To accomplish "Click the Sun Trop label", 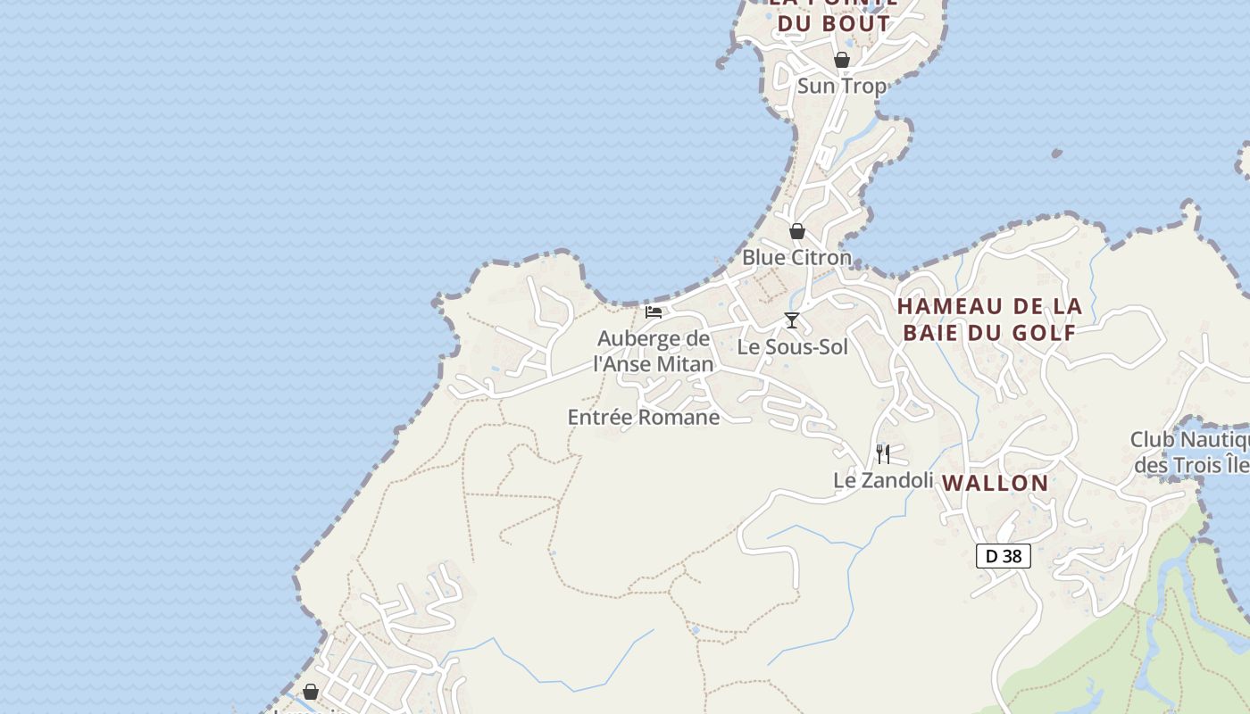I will (841, 86).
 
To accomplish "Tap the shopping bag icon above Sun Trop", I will (841, 60).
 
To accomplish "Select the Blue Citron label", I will (796, 257).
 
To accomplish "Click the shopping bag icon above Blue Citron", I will (797, 231).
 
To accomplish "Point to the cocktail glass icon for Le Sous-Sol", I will (791, 320).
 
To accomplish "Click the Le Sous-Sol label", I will (792, 346).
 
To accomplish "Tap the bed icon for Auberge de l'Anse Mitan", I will (654, 312).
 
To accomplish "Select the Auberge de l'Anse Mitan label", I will (654, 351).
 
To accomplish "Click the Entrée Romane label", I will (643, 417).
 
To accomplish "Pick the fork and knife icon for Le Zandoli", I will (882, 454).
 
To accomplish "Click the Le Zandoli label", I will (883, 480).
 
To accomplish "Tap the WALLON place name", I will (995, 483).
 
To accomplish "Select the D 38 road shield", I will (1003, 556).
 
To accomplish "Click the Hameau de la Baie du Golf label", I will (989, 320).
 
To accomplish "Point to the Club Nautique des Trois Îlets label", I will (1190, 452).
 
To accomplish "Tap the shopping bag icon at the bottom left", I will (311, 692).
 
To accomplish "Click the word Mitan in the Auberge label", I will (686, 364).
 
